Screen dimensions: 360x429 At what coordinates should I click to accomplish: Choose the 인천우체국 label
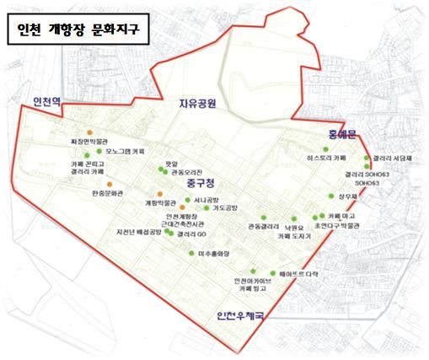[240, 317]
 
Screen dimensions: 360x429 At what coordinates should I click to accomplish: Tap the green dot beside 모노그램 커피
[99, 152]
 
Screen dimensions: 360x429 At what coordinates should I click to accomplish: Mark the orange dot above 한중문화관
[109, 183]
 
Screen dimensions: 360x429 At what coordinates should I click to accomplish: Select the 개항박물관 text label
[160, 203]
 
